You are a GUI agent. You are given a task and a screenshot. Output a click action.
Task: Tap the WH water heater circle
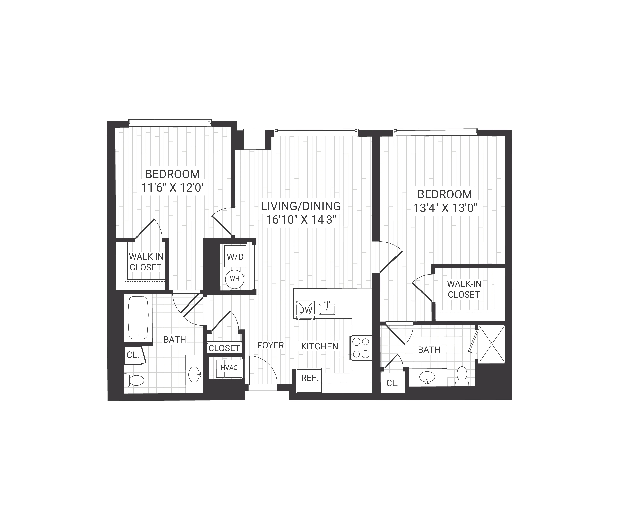[x=235, y=279]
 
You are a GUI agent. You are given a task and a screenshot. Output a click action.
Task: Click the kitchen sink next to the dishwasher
[x=327, y=309]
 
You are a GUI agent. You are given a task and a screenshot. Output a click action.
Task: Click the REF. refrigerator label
[x=309, y=378]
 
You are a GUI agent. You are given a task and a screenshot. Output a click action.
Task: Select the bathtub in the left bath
[x=138, y=317]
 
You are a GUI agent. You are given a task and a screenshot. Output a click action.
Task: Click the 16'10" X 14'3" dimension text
[x=301, y=220]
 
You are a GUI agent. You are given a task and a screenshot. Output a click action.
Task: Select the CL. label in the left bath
[x=133, y=355]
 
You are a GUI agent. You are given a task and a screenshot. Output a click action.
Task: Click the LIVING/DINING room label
[x=301, y=206]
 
